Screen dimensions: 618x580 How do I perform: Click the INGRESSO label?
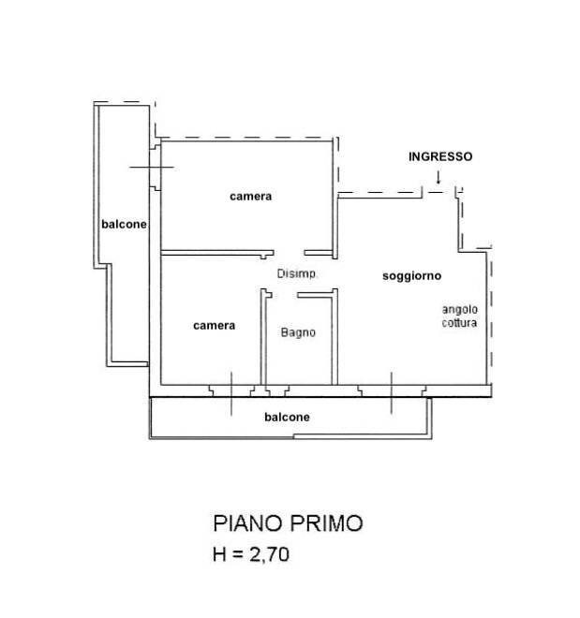click(x=439, y=157)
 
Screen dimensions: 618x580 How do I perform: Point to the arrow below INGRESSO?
click(x=439, y=178)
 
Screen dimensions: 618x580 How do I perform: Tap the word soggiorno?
click(x=411, y=276)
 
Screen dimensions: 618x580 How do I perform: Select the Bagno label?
click(x=298, y=332)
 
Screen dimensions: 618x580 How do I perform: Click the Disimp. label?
click(x=298, y=274)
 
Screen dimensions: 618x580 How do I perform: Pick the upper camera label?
click(x=250, y=197)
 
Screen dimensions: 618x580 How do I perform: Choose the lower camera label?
click(x=214, y=326)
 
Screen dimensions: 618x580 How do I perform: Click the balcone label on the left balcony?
click(x=124, y=224)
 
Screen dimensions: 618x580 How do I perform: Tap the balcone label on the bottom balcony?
click(x=287, y=418)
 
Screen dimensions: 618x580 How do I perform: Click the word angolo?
click(x=460, y=310)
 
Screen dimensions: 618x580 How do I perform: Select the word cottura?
click(x=460, y=323)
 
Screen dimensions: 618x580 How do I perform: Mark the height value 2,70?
click(x=267, y=554)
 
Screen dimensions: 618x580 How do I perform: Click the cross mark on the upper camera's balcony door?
click(x=152, y=167)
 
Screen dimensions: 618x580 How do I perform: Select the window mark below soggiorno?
click(x=392, y=390)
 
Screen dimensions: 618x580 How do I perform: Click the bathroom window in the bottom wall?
click(x=275, y=388)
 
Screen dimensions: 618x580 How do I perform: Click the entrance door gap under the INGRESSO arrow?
click(x=439, y=192)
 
